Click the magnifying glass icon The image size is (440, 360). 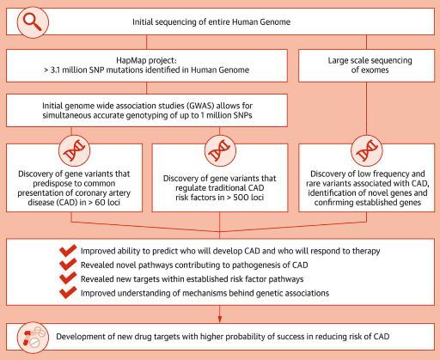tap(33, 22)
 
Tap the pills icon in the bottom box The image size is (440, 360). tap(33, 338)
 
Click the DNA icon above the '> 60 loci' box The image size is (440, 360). tap(75, 150)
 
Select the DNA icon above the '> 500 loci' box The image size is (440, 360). tap(220, 150)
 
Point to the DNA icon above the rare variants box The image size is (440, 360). tap(367, 150)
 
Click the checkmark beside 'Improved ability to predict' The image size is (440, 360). tap(68, 250)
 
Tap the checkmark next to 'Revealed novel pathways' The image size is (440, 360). tap(68, 264)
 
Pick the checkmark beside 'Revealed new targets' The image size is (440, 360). tap(68, 278)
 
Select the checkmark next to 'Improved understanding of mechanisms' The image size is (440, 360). tap(68, 292)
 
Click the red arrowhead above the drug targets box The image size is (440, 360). tap(220, 319)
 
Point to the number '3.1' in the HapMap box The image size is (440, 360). tap(55, 70)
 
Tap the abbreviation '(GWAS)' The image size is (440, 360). tap(201, 106)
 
